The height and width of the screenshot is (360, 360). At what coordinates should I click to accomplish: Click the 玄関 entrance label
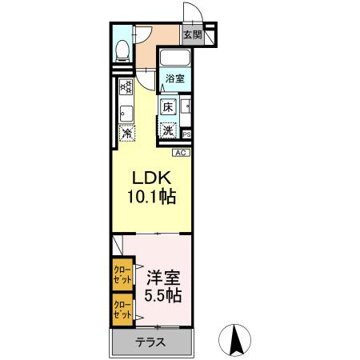tap(192, 34)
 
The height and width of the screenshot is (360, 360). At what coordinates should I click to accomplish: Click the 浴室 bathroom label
tap(175, 78)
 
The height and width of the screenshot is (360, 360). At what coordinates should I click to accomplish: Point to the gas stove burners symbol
tap(126, 87)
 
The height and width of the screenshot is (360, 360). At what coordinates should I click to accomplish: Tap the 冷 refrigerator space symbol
tap(126, 134)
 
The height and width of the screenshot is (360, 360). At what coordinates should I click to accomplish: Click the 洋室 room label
tap(162, 278)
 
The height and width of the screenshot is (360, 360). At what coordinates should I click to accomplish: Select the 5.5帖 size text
tap(162, 297)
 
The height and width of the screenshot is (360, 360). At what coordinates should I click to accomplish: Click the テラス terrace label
tap(150, 342)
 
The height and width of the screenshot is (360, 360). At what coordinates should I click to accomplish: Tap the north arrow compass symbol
tap(237, 339)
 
